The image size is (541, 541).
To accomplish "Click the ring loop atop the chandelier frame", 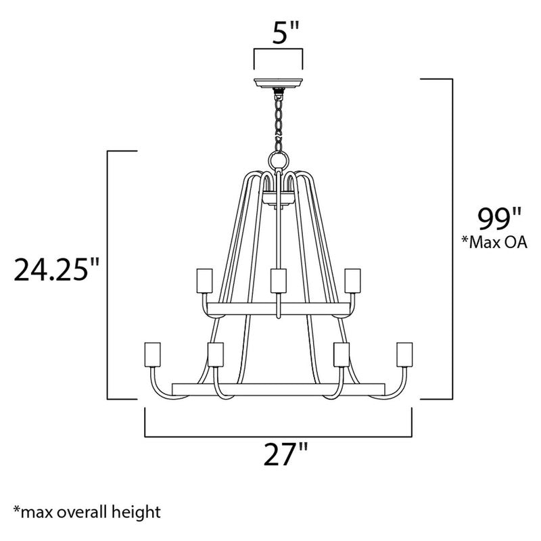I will click(278, 160).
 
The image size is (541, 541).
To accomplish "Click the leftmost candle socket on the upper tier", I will click(202, 279).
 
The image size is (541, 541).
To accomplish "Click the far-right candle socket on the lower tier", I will click(404, 354).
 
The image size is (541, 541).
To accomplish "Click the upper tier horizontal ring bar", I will click(278, 308).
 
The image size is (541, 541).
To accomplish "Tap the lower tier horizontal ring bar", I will click(278, 389).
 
